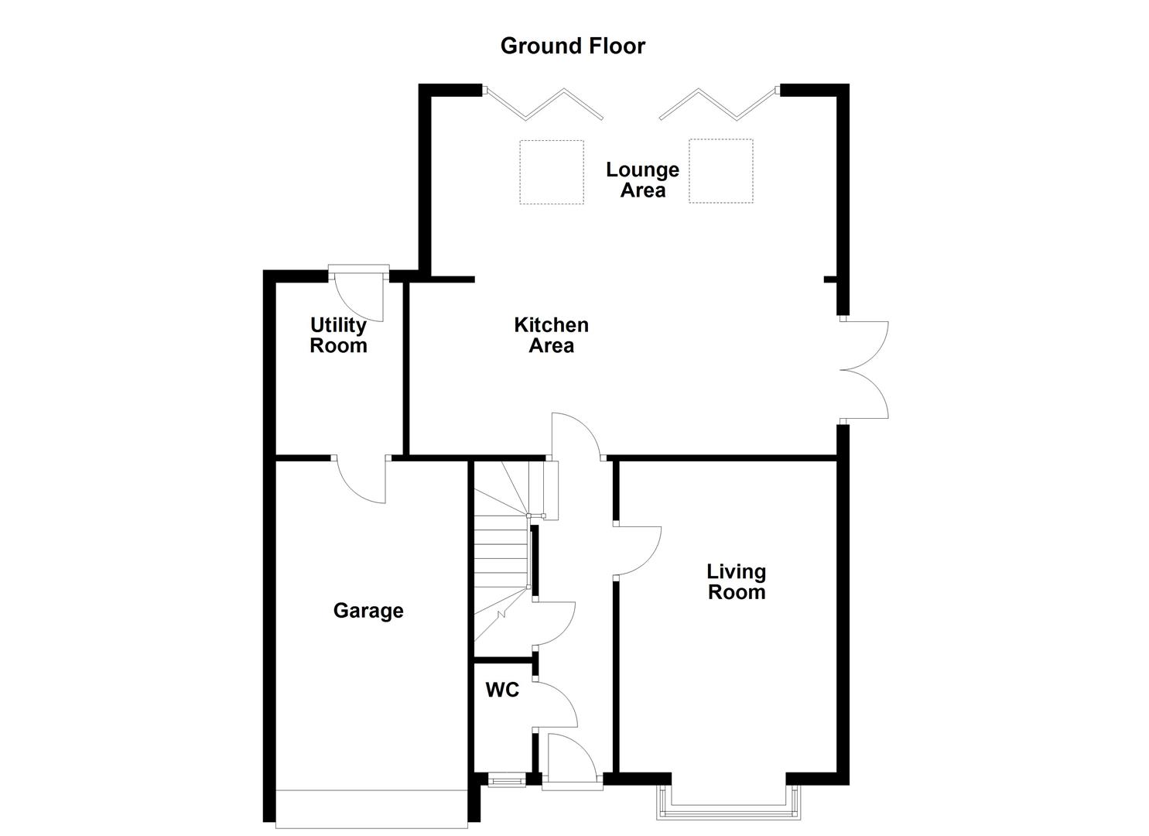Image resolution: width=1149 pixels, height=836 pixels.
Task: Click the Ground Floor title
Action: coord(573,46)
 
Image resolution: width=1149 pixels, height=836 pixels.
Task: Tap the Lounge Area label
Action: coord(642,180)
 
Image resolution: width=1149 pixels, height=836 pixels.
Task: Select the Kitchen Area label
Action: coord(551,335)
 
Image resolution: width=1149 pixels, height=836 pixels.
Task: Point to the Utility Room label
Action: coord(338,335)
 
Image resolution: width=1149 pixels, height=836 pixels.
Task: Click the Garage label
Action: coord(368,611)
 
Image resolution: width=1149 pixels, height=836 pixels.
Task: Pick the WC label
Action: coord(502,690)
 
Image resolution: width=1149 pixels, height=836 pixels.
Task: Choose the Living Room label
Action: coord(736,582)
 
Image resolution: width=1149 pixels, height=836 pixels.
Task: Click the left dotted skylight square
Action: coord(551,172)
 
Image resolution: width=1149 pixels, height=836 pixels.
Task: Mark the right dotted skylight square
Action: coord(720,171)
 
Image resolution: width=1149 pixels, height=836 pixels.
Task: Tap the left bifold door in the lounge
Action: coord(544,104)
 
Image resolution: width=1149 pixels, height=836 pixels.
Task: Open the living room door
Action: coord(639,551)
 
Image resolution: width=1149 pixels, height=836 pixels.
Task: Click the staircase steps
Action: coord(501,553)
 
